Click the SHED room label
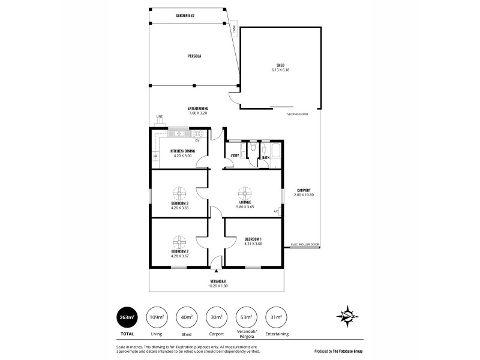point(280,65)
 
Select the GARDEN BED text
point(185,14)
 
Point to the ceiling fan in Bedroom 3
point(179,193)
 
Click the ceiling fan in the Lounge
point(245,193)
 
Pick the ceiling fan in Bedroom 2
point(179,241)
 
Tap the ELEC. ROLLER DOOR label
point(305,244)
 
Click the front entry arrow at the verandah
point(215,271)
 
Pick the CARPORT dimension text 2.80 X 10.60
point(304,194)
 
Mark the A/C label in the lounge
point(276,211)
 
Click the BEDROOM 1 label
point(253,239)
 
